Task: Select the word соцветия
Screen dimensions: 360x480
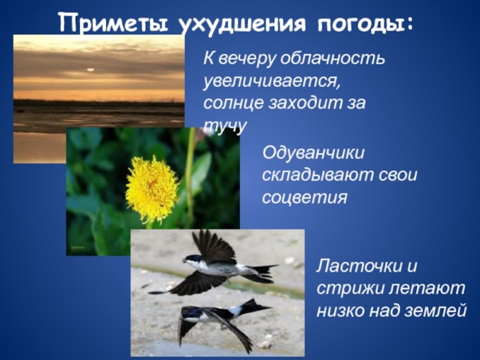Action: pyautogui.click(x=304, y=196)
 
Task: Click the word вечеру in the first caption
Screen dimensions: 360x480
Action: pyautogui.click(x=247, y=58)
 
